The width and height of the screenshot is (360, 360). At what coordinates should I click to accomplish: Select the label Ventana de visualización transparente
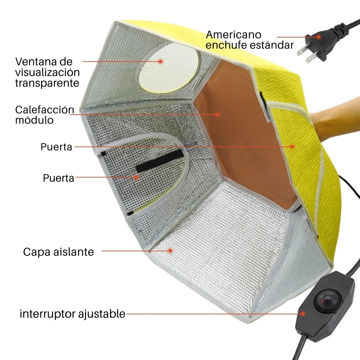pyautogui.click(x=47, y=72)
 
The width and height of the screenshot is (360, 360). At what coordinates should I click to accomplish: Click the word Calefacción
pyautogui.click(x=44, y=110)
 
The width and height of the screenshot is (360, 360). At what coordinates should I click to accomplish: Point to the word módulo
pyautogui.click(x=34, y=120)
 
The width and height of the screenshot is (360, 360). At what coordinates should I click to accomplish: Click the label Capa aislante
pyautogui.click(x=58, y=252)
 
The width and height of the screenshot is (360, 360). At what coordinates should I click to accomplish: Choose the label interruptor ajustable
pyautogui.click(x=72, y=314)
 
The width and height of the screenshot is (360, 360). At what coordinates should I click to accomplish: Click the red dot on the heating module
pyautogui.click(x=217, y=114)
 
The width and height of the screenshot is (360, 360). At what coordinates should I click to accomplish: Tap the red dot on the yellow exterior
pyautogui.click(x=292, y=146)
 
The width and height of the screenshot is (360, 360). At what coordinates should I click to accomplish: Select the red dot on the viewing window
pyautogui.click(x=161, y=61)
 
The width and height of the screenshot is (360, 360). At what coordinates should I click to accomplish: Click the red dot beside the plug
pyautogui.click(x=319, y=37)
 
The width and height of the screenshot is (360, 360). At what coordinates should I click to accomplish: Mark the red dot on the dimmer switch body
pyautogui.click(x=303, y=313)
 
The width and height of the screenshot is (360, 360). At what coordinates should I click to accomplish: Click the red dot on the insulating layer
pyautogui.click(x=170, y=250)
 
